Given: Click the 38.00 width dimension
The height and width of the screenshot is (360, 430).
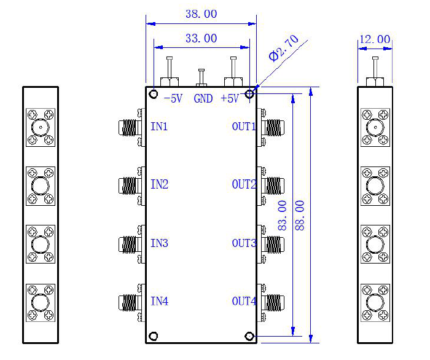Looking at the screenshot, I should pos(201,14).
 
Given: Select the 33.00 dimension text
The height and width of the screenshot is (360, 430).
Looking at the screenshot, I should pos(201,38).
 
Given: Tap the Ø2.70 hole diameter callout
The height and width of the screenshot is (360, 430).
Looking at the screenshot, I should pos(284,49).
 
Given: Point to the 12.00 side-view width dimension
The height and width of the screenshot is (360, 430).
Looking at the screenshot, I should pos(375,39).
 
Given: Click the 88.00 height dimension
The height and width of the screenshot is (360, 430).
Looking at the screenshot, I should pos(300,214).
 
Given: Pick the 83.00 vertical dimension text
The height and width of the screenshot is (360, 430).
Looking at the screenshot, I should pos(283,215).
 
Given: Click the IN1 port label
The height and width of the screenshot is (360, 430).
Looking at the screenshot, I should pos(159,127).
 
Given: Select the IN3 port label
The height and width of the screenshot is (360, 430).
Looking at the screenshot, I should pos(159,243).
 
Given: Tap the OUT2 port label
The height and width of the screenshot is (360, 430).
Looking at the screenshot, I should pos(244,185).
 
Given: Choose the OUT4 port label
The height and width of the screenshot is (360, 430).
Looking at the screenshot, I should pos(244,302).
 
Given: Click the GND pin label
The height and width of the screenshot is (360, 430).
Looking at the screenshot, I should pos(203,99).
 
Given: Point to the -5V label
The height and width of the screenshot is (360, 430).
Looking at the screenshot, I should pos(174,99).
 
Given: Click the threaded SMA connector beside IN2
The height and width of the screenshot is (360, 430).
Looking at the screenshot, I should pos(130,184).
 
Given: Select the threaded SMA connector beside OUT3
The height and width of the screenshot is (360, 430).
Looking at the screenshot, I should pos(273,243).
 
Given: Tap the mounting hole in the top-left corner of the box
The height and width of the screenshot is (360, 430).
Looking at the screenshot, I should pos(154,95).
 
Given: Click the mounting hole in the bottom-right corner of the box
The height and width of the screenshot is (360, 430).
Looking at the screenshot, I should pos(249,336).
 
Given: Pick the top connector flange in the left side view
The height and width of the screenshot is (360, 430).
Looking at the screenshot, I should pos(41,128).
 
